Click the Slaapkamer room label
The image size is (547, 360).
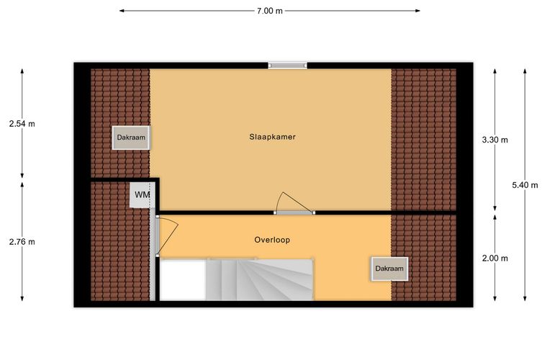[x=273, y=137]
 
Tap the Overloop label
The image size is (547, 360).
[x=272, y=240]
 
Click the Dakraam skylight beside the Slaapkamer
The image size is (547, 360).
[x=131, y=138]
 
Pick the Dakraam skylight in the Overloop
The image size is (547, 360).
[x=389, y=269]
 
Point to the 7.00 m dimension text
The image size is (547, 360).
[x=270, y=11]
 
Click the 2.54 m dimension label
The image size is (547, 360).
[x=22, y=124]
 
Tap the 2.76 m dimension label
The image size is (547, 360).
[x=22, y=241]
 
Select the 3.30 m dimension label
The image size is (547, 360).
[x=494, y=140]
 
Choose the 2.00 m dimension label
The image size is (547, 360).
[x=494, y=258]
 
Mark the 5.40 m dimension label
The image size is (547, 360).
[x=525, y=185]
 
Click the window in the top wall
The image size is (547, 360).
[x=287, y=66]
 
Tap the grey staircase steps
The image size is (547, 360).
[x=259, y=279]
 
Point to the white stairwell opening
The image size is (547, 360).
[x=182, y=280]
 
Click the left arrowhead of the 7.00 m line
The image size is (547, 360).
[x=122, y=11]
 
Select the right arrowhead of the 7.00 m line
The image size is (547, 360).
[x=417, y=11]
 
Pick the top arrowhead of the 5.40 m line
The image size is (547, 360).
[x=525, y=71]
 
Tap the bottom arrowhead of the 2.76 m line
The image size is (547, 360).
[x=22, y=298]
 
